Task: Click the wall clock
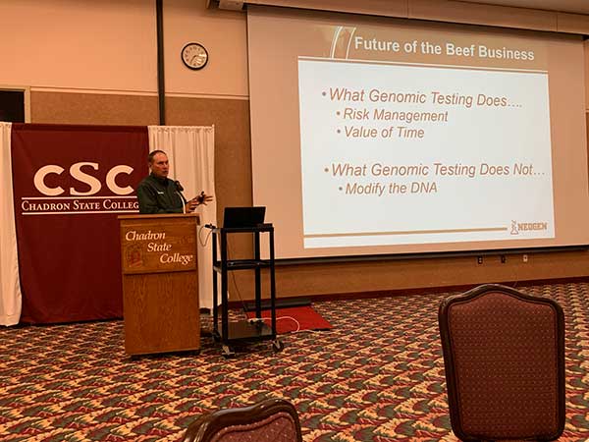tap(194, 56)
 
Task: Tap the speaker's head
tap(158, 163)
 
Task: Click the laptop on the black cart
tap(244, 217)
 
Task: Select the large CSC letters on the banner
tap(83, 179)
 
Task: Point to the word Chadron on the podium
tap(145, 236)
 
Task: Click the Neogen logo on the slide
tap(528, 228)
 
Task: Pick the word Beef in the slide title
tap(460, 50)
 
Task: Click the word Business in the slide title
tap(506, 53)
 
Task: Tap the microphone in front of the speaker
tap(179, 186)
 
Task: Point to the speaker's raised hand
tap(202, 198)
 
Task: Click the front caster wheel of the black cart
tap(278, 346)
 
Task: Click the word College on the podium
tap(176, 258)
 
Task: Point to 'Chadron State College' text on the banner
tap(80, 205)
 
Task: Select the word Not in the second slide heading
tap(522, 170)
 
